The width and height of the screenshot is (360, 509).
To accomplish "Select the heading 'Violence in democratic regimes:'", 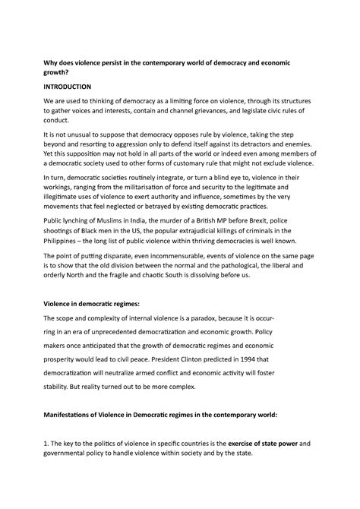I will point(97,303).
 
